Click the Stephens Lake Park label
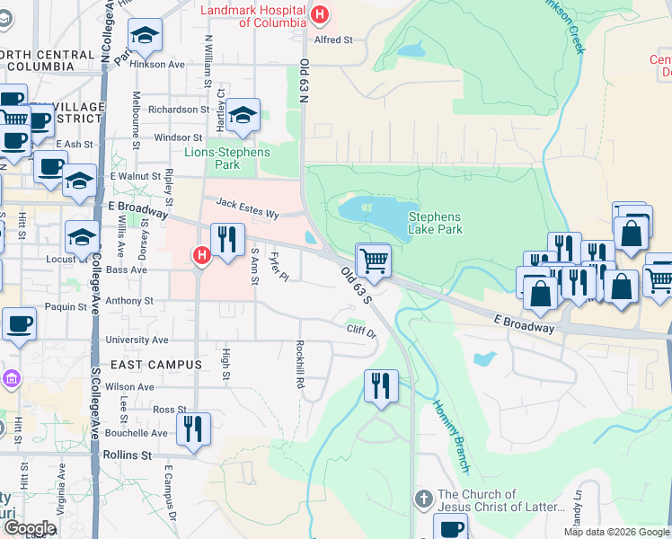click(x=435, y=223)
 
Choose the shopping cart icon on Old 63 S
click(x=374, y=261)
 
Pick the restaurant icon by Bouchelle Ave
click(x=193, y=429)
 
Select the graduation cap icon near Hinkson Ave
click(x=144, y=37)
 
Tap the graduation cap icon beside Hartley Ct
click(x=243, y=115)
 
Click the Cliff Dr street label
click(x=361, y=330)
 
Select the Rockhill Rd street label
click(x=300, y=365)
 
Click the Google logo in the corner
click(x=30, y=528)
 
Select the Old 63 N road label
click(x=304, y=81)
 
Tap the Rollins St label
click(x=127, y=455)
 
